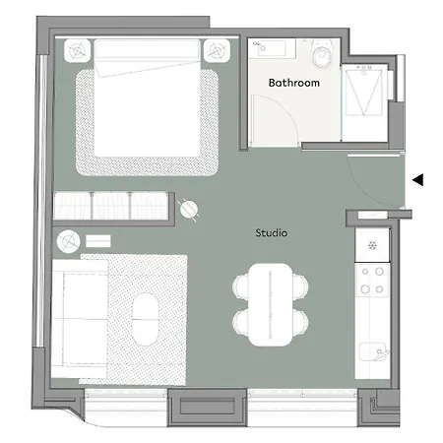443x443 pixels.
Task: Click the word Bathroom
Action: point(294,84)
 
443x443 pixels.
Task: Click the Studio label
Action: point(271,233)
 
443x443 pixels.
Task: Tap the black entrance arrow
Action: point(417,179)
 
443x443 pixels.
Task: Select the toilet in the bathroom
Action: point(320,51)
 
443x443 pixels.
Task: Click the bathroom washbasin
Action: point(266,49)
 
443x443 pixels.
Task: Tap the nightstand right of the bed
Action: point(215,49)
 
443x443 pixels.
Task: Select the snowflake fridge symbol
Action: point(372,245)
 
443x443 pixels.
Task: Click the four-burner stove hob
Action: point(372,280)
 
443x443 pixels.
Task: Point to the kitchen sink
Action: point(372,350)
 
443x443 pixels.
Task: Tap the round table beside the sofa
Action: point(68,239)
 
